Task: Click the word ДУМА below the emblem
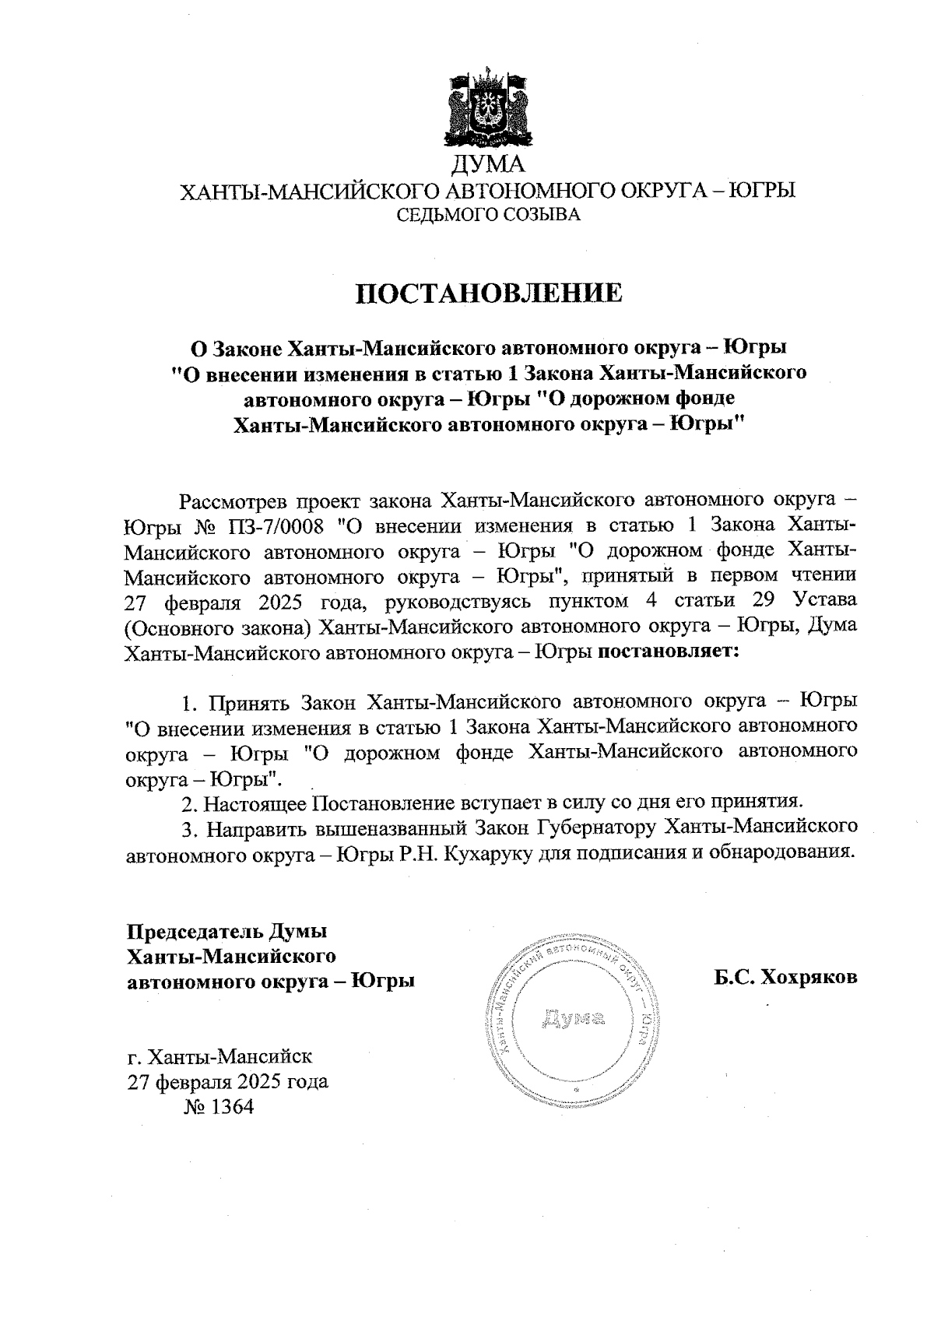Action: pos(489,165)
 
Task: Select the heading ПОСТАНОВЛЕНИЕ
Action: pos(489,293)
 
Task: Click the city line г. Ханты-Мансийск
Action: pos(220,1056)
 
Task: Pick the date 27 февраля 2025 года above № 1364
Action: pos(227,1082)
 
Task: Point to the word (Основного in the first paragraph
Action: pos(177,627)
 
